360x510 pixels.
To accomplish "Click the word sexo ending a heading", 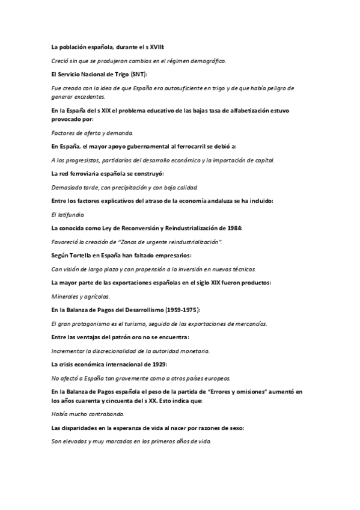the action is tap(234, 428).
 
